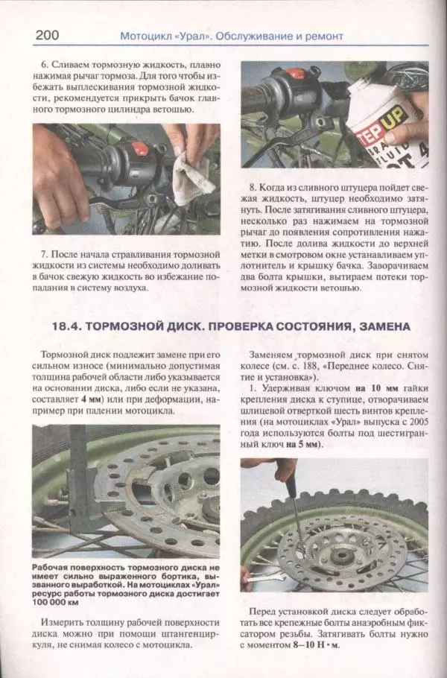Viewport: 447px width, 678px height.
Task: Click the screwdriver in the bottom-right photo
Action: [x=294, y=514]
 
